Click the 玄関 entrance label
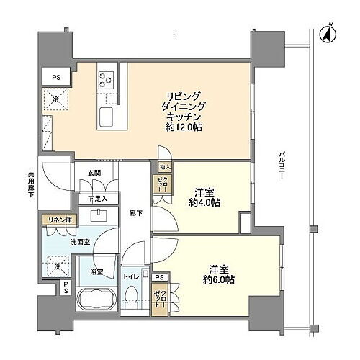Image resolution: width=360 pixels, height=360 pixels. pyautogui.click(x=95, y=173)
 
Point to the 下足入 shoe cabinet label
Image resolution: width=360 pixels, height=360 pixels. pyautogui.click(x=97, y=199)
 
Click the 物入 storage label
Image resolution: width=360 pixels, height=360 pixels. pyautogui.click(x=165, y=165)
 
